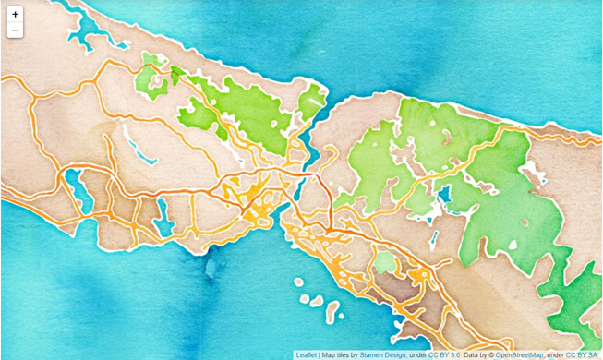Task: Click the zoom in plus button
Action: tap(15, 15)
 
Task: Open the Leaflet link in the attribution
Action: tap(307, 354)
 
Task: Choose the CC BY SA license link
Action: tap(582, 354)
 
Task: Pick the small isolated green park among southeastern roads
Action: tap(385, 263)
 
